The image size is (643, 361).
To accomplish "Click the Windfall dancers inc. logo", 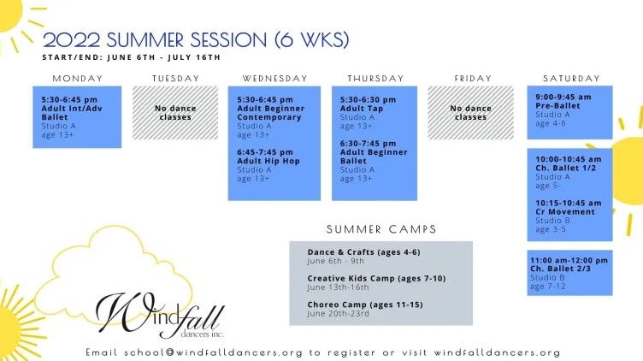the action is [160, 315].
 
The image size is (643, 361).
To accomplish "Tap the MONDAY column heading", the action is [78, 79].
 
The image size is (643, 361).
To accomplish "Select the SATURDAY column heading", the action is [571, 79].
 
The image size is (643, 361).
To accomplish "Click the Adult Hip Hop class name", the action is [268, 161].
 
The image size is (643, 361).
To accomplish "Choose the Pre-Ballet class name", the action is [557, 106].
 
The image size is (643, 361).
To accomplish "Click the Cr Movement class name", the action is [565, 211].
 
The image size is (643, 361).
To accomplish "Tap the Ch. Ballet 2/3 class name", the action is [560, 269].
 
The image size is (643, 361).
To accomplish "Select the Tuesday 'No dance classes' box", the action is [175, 113].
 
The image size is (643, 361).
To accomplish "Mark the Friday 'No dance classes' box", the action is [470, 113].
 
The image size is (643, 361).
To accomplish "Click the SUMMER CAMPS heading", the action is [381, 229].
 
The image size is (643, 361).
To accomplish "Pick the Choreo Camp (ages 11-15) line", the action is [365, 305].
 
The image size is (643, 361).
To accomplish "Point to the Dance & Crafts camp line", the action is [363, 252].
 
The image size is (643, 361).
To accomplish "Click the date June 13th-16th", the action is [338, 287].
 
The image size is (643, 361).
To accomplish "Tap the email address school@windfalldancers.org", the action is [213, 352].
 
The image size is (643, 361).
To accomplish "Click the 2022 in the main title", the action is [71, 40].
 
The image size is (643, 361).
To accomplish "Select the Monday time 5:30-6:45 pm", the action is [69, 100].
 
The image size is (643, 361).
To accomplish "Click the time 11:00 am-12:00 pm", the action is [569, 260].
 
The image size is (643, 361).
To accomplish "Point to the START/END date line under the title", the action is [131, 57].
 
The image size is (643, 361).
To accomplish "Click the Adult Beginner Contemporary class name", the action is [271, 113].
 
